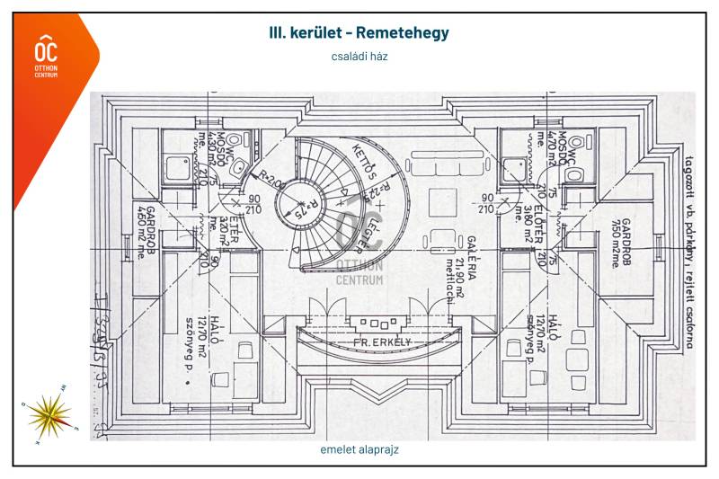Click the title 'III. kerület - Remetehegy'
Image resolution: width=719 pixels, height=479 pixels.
[359, 33]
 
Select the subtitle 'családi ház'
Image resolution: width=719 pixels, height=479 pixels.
[359, 56]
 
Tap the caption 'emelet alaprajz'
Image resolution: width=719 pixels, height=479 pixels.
[359, 450]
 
